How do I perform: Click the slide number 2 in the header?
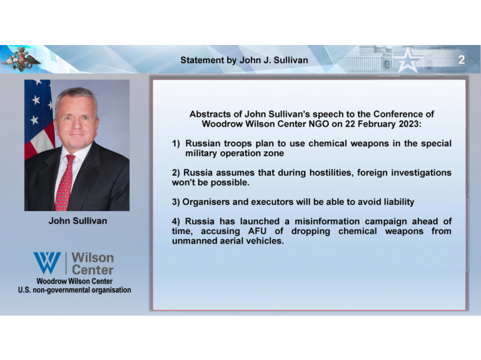point(462,59)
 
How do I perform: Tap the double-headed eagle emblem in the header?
point(21,59)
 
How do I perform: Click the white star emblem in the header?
point(407,60)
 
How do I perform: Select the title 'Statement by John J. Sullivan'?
point(244,60)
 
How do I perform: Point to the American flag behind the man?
point(38,119)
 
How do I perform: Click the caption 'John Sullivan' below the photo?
point(78,221)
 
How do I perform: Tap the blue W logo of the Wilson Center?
point(48,262)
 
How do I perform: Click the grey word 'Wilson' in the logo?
point(93,258)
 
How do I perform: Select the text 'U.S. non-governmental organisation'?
point(74,290)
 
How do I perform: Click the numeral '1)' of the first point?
point(176,144)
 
